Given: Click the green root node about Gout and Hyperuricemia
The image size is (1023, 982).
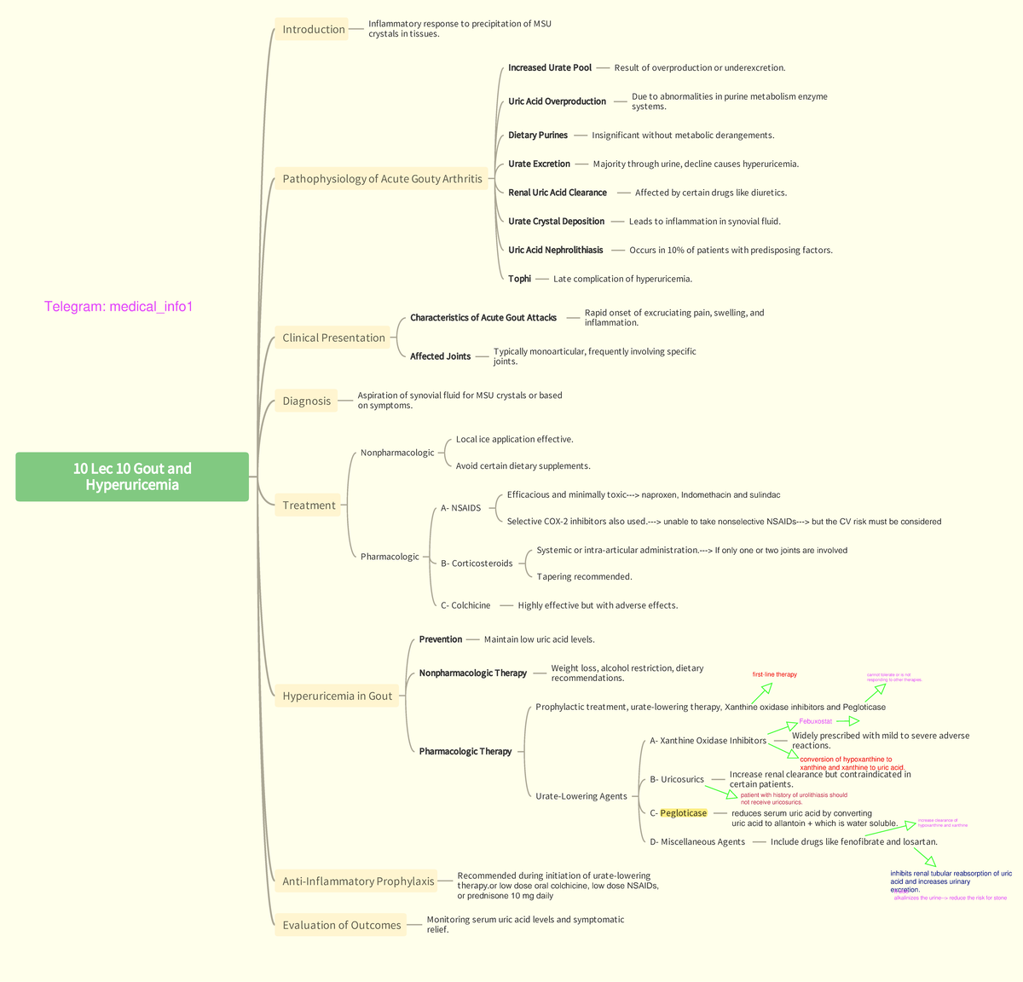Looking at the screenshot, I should tap(132, 477).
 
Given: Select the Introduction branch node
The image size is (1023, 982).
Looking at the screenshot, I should tap(313, 30).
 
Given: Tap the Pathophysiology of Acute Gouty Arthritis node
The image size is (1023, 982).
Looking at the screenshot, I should tap(382, 179).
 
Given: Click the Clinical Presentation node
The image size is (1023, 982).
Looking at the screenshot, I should tap(333, 338).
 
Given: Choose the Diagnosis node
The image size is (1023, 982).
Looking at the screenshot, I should tap(306, 401).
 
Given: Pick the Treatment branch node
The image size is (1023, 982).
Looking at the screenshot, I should tap(309, 505).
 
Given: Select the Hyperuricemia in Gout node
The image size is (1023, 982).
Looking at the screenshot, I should tap(337, 696).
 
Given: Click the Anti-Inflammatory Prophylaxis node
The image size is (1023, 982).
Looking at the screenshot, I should tap(358, 881).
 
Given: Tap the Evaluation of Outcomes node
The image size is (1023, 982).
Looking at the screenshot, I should tap(341, 926).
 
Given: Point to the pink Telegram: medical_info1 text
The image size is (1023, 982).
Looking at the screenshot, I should tap(118, 307).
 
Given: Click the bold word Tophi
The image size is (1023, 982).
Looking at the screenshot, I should tap(519, 279).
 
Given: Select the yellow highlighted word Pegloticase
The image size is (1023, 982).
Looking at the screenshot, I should tap(683, 813).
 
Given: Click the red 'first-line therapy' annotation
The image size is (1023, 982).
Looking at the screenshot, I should tap(774, 674).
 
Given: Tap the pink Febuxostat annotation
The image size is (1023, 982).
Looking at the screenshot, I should tap(815, 721).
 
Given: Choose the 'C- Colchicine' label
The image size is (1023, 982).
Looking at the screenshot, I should tap(465, 605).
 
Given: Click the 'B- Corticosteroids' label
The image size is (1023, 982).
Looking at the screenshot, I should tap(477, 563).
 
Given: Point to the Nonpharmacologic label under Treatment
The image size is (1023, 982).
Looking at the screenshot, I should tap(397, 453).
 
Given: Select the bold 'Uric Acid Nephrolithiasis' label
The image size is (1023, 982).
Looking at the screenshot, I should tap(555, 251).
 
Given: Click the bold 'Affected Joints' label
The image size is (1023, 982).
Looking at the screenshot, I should tap(440, 356).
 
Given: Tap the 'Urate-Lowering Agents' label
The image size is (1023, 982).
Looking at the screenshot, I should tap(581, 796).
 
